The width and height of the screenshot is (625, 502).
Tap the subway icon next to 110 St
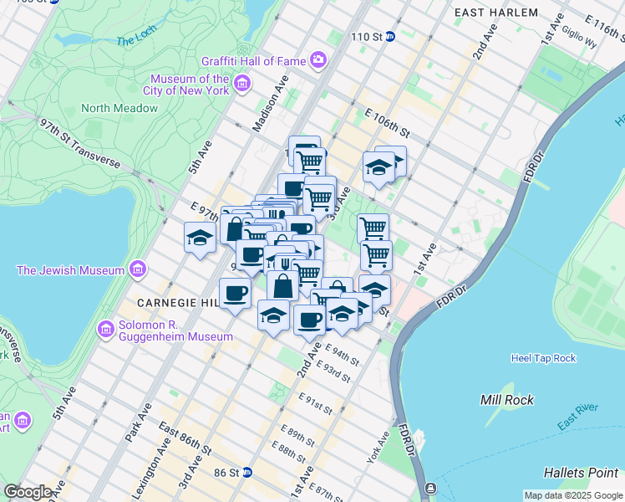pos(400,37)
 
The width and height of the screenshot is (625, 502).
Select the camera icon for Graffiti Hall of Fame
pos(318,59)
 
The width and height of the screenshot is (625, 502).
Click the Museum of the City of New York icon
pos(242,83)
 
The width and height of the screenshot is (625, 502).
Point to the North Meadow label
pos(119,108)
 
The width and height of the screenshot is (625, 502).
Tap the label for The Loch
pos(135,39)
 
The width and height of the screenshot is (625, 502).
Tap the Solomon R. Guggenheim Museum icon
pos(106,328)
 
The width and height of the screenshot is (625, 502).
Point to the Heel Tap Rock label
pos(543,358)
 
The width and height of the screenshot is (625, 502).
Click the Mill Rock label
pos(502,399)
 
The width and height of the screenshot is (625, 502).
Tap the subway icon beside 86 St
pos(247,473)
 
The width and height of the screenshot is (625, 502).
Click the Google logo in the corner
pos(28,491)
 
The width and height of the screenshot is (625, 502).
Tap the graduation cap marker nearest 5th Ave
pos(200,238)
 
